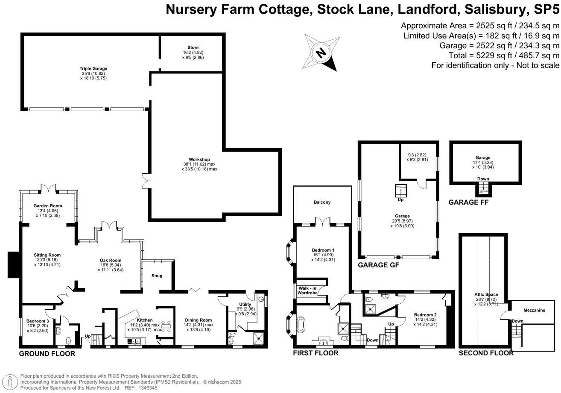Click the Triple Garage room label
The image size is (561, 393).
coord(93,68)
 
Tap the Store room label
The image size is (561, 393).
coord(193,47)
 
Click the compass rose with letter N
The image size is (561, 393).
coord(321,53)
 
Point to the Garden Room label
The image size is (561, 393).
coord(48,205)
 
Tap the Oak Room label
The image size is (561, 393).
coord(111,260)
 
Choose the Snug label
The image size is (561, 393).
coord(157,276)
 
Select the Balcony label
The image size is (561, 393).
coord(322,202)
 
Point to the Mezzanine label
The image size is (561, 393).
coord(534,311)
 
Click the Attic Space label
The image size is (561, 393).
coord(486,294)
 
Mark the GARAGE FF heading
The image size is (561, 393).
coord(468,203)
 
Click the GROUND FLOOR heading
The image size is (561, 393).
coord(47,354)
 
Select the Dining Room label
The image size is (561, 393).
coord(198,320)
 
